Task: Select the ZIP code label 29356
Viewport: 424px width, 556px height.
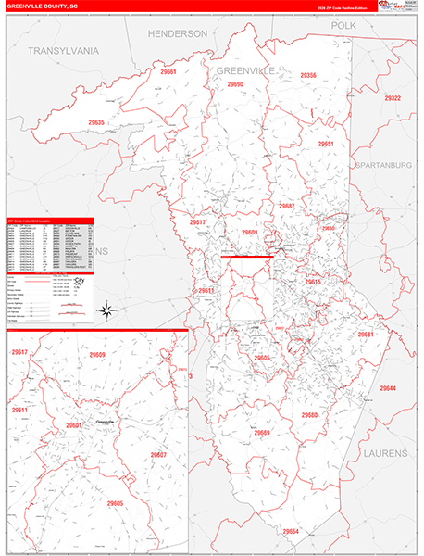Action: coord(308,75)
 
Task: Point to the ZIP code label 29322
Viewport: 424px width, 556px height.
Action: coord(393,98)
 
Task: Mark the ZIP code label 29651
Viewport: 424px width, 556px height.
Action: coord(326,145)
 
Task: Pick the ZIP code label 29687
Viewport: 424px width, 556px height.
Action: coord(287,206)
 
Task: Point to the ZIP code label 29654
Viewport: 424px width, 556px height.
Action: coord(292,532)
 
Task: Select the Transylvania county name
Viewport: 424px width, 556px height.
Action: coord(62,49)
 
